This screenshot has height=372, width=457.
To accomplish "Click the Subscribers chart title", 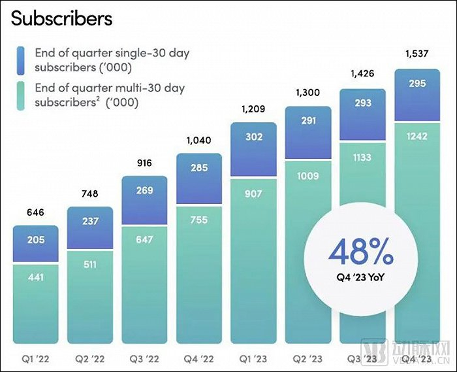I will tap(61, 18).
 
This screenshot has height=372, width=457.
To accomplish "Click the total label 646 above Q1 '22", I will tap(36, 212).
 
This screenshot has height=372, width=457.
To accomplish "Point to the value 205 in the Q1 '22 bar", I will tap(36, 239).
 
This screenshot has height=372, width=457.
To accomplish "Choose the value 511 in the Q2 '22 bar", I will tap(90, 265).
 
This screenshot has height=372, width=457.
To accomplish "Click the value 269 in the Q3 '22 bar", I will tap(145, 191).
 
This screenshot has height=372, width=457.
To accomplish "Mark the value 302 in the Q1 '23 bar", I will tap(253, 137).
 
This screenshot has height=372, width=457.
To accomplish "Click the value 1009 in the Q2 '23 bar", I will tap(308, 176).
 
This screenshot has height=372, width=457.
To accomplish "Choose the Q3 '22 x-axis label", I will tap(145, 359).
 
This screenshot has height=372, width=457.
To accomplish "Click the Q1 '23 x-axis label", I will tap(253, 359).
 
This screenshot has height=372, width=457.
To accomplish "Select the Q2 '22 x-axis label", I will tap(90, 359).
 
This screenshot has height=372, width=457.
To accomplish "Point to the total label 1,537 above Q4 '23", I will tap(417, 54).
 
